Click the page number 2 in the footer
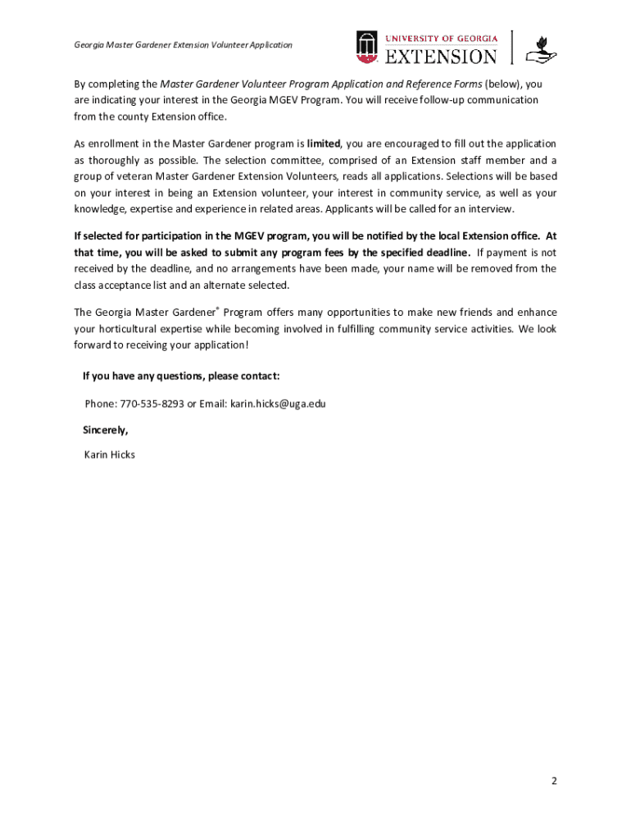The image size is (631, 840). pos(554,781)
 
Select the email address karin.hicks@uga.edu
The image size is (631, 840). pos(278,404)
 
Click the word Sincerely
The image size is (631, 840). pos(105,430)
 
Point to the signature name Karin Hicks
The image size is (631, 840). pos(110,454)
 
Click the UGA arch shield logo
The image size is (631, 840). pos(366,47)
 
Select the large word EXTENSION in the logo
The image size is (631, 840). pos(441,56)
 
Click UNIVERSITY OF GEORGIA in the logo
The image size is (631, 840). pos(441,37)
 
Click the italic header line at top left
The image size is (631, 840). pos(183,45)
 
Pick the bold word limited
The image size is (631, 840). pos(323,144)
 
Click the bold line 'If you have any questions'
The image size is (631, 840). pos(181,376)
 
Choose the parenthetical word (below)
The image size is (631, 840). pos(503,84)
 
